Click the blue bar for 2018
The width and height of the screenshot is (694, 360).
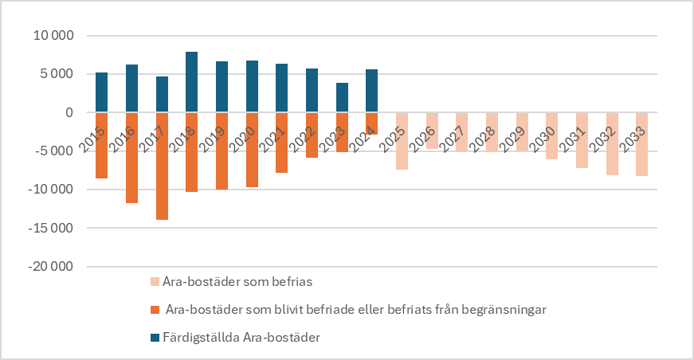point(191,82)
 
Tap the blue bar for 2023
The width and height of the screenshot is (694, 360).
point(342,97)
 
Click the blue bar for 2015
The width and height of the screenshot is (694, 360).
point(101,92)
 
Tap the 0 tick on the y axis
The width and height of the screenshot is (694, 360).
point(69,113)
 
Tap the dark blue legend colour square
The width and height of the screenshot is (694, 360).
point(154,338)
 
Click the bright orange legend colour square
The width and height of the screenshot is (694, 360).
point(154,310)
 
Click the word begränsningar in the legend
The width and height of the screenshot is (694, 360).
point(508,310)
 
